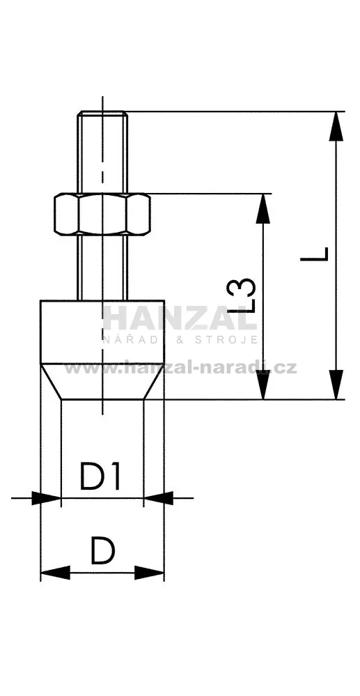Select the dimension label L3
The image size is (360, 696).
click(241, 295)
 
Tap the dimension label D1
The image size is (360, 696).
click(100, 476)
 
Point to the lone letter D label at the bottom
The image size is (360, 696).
click(103, 551)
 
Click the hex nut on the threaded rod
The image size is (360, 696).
click(102, 214)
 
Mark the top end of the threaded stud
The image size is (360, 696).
click(102, 112)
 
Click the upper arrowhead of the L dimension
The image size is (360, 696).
click(336, 127)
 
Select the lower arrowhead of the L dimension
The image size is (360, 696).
click(336, 385)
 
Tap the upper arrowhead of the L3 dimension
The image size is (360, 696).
click(263, 208)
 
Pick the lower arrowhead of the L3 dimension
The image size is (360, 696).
click(263, 385)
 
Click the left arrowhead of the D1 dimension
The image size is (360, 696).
click(46, 498)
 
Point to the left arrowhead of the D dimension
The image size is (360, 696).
click(56, 573)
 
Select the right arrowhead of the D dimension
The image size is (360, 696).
click(149, 573)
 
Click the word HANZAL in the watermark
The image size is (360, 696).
click(180, 318)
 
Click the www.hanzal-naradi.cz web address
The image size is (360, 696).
click(180, 368)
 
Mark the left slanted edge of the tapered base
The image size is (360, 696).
click(51, 382)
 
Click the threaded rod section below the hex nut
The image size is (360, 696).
click(102, 268)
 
